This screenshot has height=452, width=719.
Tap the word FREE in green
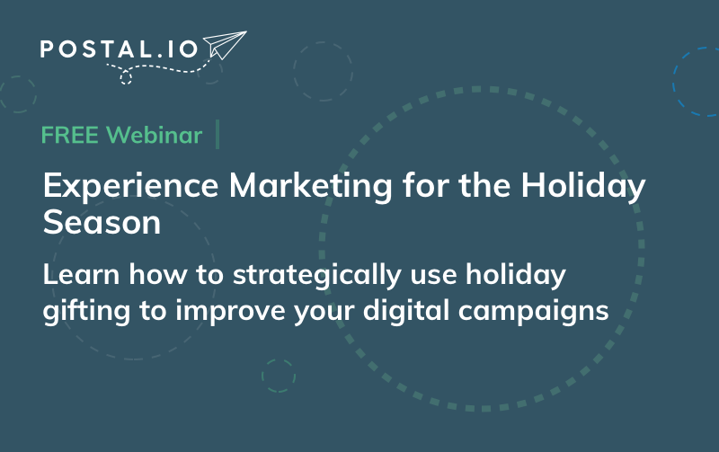tap(70, 135)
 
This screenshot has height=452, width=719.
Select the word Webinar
tap(154, 135)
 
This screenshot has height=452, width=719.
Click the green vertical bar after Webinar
tap(217, 134)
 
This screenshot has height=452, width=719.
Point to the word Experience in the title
tap(130, 187)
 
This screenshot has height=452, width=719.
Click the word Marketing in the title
tap(310, 187)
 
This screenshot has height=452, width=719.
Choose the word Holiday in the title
tap(582, 187)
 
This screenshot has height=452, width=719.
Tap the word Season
tap(102, 222)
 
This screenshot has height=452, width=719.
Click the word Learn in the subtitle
tap(81, 274)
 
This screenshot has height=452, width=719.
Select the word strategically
tap(317, 276)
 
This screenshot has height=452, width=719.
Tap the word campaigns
tap(533, 312)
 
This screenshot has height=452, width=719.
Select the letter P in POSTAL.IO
tap(48, 49)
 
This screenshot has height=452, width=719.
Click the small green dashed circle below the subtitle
tap(279, 359)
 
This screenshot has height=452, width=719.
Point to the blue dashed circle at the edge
tap(673, 82)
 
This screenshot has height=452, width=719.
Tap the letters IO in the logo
tap(182, 49)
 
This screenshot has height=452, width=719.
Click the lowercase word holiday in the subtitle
tap(515, 276)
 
